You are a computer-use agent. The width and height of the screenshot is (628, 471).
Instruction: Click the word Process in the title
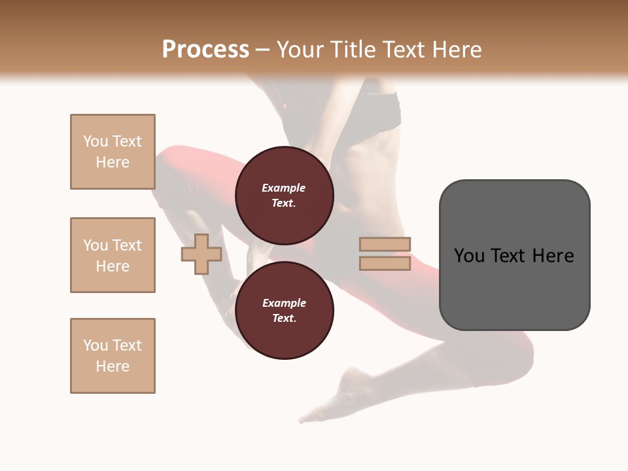click(x=205, y=49)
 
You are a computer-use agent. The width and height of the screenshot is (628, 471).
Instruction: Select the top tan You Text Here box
click(x=113, y=152)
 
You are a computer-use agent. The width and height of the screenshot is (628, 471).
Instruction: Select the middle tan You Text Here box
click(x=113, y=255)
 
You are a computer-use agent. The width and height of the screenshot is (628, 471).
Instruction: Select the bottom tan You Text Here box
click(x=113, y=356)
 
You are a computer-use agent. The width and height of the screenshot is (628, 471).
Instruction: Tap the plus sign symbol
click(x=201, y=254)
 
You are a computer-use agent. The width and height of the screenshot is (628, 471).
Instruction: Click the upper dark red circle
click(x=284, y=170)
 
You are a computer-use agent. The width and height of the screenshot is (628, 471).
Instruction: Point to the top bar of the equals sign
click(x=385, y=245)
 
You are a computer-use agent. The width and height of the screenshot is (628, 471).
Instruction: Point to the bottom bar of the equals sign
click(x=385, y=264)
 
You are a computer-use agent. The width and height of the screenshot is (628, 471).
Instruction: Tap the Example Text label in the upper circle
click(x=284, y=195)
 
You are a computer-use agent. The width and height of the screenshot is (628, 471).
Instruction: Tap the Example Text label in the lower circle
click(x=284, y=310)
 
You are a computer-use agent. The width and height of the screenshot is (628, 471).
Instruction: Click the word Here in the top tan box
click(x=113, y=162)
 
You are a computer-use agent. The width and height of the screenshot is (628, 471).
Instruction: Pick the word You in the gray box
click(x=470, y=255)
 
